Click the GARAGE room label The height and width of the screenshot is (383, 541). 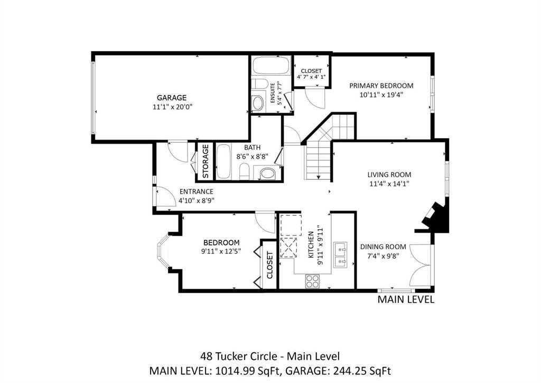pos(172,98)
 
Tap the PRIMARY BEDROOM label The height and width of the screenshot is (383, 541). pos(381,86)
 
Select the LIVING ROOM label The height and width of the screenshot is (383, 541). pos(389,175)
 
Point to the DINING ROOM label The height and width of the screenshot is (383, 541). pos(383,247)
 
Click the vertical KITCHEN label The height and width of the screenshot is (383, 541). pos(311,245)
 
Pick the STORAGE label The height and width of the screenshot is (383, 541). pos(206,161)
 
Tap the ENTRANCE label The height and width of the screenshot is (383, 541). pos(197,191)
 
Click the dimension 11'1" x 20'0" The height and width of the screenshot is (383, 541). pos(172,107)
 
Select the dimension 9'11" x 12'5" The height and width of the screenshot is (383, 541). pos(221,252)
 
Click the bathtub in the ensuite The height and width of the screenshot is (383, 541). pos(272,66)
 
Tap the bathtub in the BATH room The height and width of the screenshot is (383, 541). pos(224,162)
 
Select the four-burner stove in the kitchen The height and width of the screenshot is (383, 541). pos(313,281)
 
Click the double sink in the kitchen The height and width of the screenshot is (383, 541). pos(341,254)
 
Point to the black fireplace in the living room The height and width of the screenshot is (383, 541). pos(436,217)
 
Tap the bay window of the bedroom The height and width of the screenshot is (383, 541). pos(164,251)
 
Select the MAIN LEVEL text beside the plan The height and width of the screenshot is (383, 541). pos(406,299)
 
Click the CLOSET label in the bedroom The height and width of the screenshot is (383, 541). pos(269,265)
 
